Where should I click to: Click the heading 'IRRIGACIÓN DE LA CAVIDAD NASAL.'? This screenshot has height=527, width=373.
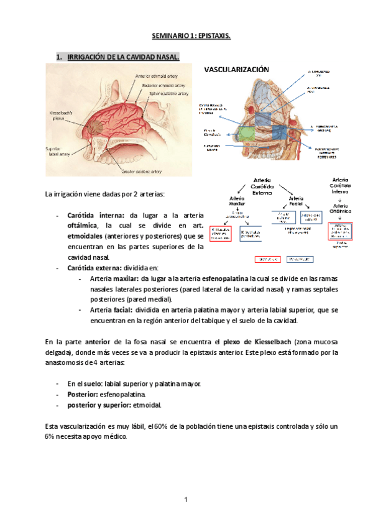coord(123,57)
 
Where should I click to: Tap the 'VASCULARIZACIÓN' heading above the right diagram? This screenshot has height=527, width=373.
coord(237,70)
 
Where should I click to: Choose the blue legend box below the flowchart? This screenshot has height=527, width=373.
coord(300,258)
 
